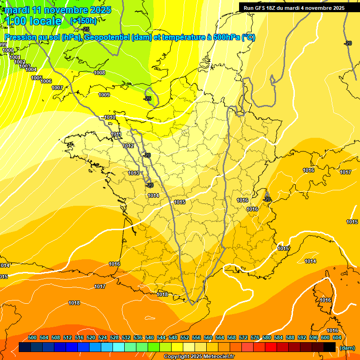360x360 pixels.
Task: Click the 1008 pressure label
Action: [99, 73]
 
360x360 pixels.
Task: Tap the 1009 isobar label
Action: [104, 95]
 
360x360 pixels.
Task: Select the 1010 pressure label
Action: [110, 117]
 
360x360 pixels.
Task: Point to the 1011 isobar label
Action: [116, 135]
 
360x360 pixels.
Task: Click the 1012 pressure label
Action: [128, 146]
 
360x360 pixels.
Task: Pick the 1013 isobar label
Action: [134, 173]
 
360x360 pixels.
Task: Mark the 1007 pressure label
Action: [57, 88]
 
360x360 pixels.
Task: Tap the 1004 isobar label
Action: [31, 69]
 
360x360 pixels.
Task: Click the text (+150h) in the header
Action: [83, 21]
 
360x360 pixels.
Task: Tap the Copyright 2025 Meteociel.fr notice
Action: [199, 357]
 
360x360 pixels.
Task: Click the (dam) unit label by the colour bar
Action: [347, 347]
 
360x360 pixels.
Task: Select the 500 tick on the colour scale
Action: [32, 337]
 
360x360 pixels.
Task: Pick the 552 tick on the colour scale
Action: [185, 337]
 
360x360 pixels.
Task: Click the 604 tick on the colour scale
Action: [337, 337]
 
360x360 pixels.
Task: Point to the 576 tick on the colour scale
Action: [255, 337]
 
